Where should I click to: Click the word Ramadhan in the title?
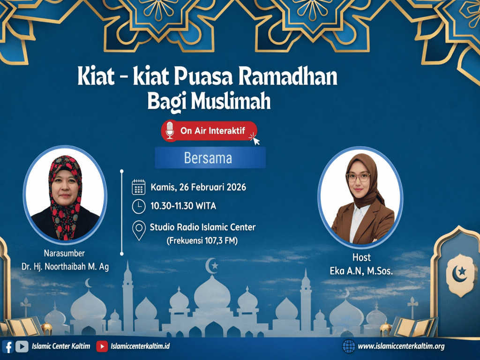pos(288,76)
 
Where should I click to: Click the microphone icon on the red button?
pos(170,130)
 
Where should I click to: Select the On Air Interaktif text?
pos(213,131)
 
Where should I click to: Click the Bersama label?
pos(208,158)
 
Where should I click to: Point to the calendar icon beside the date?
pos(139,187)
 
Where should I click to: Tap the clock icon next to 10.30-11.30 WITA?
pos(139,206)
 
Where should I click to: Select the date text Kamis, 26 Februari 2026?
pos(198,187)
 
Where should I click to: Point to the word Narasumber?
pos(64,253)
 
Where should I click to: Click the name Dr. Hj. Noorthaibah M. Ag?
pos(65,267)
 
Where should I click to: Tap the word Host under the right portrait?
pos(361,257)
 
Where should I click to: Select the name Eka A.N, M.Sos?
pos(361,271)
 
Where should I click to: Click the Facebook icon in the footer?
pos(8,347)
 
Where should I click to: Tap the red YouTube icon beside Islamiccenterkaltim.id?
pos(102,346)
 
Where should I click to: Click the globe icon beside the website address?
pos(349,346)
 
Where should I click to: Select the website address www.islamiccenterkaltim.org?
pos(401,346)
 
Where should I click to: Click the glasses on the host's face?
pos(358,177)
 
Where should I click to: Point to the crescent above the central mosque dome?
pos(211,265)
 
